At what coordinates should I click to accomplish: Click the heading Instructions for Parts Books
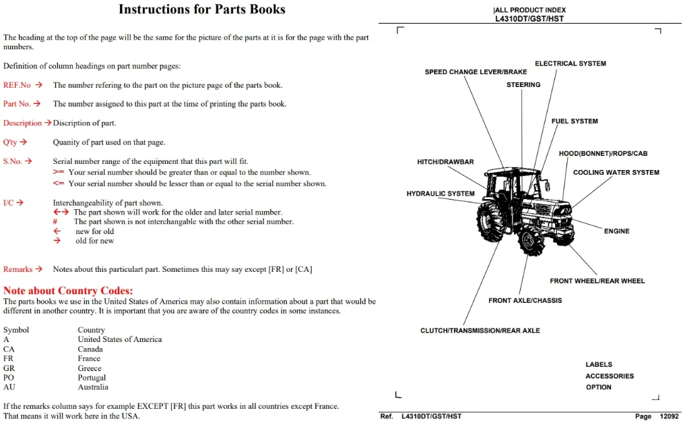tap(201, 9)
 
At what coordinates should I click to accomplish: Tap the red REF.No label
tap(17, 85)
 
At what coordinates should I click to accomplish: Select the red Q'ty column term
tap(10, 142)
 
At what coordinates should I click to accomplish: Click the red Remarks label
tap(18, 269)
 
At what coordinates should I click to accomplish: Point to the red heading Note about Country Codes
tap(68, 291)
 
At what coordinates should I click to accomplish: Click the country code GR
tap(9, 368)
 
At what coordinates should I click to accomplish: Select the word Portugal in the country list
tap(92, 377)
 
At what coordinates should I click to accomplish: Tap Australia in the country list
tap(93, 387)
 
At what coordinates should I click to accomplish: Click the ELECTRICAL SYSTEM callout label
tap(571, 63)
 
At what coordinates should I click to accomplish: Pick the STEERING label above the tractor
tap(523, 84)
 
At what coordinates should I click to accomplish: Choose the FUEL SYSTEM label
tap(575, 121)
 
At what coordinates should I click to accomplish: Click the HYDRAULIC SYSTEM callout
tap(441, 194)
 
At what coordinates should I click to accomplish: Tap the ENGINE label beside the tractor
tap(616, 231)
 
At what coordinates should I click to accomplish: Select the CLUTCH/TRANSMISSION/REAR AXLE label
tap(480, 331)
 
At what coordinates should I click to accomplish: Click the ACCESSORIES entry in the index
tap(610, 376)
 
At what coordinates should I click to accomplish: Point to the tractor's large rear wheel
tap(491, 222)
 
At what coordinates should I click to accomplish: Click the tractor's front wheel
tap(531, 242)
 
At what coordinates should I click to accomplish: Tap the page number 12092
tap(669, 416)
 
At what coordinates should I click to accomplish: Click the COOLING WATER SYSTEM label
tap(616, 173)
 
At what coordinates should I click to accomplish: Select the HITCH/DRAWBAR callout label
tap(445, 162)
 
